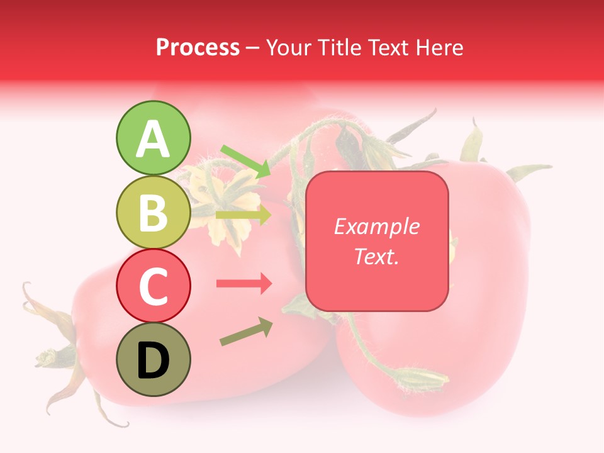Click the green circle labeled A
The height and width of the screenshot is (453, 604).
coord(153,138)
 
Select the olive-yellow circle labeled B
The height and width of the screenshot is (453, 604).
coord(153,212)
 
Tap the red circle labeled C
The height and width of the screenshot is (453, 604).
coord(153,286)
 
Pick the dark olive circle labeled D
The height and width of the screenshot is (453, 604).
coord(153,359)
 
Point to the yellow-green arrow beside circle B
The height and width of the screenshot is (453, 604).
coord(243,215)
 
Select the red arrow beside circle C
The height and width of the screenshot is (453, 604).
coord(243,284)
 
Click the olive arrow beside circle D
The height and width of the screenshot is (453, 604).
coord(245,332)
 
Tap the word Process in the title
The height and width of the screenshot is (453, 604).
coord(198,47)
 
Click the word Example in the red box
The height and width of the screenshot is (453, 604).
coord(376,226)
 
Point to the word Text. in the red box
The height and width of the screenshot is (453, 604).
coord(376,256)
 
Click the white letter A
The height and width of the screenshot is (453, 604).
coord(153,139)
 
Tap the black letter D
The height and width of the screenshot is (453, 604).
coord(153,361)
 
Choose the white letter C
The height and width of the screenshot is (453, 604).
coord(153,286)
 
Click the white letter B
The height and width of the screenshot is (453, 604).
coord(153,213)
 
